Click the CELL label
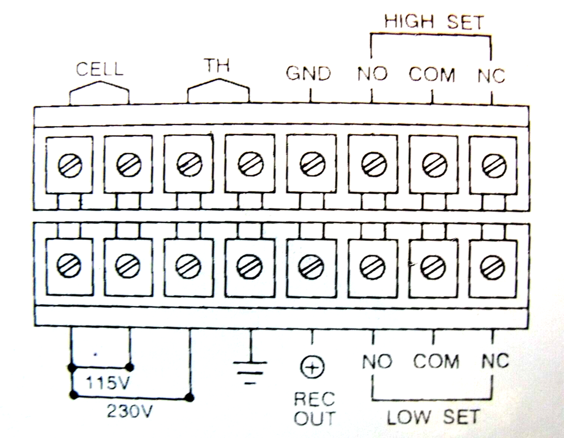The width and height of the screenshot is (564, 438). [99, 69]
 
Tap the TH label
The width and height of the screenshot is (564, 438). [217, 66]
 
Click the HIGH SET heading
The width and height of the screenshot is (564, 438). [434, 22]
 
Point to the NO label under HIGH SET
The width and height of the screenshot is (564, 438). [372, 74]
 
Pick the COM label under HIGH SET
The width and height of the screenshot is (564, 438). [432, 74]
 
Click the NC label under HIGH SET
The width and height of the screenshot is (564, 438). [491, 74]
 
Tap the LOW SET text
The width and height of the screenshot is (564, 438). [433, 417]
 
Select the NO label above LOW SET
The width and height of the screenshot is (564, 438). [377, 360]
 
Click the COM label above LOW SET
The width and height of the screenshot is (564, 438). [436, 360]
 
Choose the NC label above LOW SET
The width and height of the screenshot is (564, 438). [495, 360]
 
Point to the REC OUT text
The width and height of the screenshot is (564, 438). [314, 408]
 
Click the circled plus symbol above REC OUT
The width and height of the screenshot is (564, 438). [311, 368]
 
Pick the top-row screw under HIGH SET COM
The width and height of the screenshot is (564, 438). [432, 163]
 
